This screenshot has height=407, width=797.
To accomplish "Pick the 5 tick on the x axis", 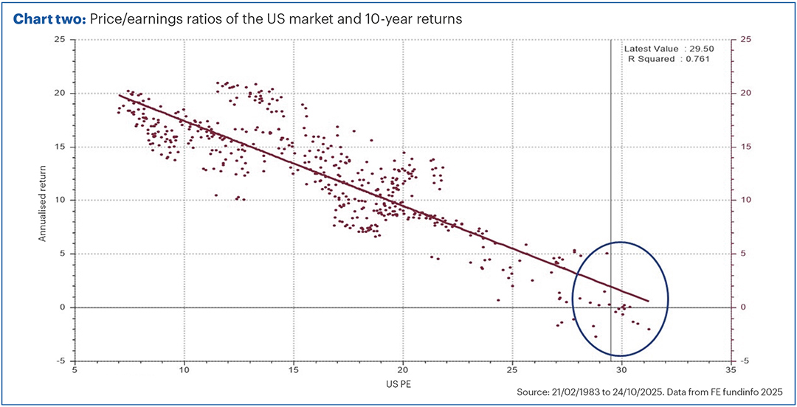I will click(75, 371).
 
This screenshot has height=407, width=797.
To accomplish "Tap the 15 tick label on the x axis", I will click(294, 371).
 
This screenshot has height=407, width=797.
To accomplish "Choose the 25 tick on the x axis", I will click(513, 371).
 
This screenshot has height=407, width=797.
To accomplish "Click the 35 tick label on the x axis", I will click(731, 371).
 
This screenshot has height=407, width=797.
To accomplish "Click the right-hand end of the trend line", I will click(647, 301).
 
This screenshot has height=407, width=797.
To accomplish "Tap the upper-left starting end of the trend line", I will click(120, 95).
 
